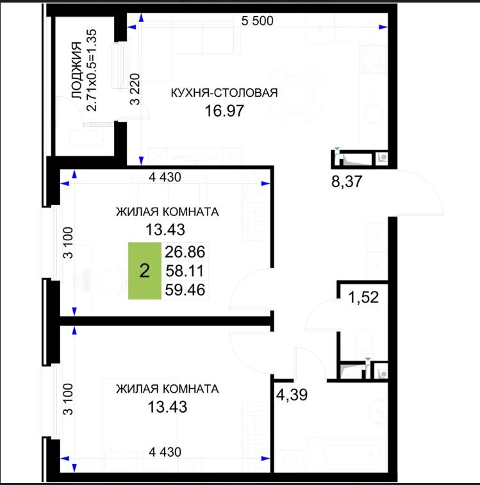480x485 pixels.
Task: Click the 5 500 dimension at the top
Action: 257,21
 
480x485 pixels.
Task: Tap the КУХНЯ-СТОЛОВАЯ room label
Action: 224,93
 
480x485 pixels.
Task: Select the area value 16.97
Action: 224,111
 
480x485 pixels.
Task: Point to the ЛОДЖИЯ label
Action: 77,70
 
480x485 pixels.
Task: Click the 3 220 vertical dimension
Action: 135,89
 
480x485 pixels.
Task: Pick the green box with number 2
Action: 145,270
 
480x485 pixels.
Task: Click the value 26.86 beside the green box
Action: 185,252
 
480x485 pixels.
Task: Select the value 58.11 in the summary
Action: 185,271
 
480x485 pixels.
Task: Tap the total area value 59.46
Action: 185,290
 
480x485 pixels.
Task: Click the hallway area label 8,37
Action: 347,181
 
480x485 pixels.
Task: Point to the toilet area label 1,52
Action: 363,297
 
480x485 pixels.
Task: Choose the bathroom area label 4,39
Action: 292,395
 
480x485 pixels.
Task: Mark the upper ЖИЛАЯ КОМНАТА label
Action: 167,212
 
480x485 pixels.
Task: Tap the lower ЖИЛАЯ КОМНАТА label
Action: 167,389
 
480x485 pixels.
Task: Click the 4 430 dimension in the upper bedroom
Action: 165,177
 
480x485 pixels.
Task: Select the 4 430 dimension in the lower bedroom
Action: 165,452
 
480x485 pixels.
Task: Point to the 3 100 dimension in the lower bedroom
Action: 68,399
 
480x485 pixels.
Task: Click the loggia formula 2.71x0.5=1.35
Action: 92,70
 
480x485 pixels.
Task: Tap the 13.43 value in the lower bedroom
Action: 167,407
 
